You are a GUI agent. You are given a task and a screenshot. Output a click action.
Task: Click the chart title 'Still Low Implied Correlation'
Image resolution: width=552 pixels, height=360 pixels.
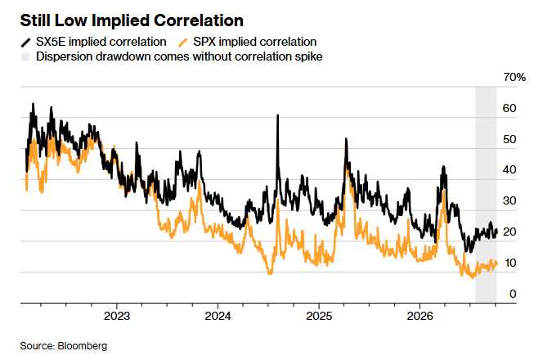pyautogui.click(x=132, y=20)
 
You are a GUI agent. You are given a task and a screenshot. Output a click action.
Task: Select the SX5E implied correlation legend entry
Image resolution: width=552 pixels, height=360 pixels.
pyautogui.click(x=94, y=42)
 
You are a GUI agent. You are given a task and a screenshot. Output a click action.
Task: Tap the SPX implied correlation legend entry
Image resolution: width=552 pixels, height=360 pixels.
pyautogui.click(x=247, y=42)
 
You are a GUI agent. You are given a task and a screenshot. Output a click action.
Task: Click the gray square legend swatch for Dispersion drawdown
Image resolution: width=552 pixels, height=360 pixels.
pyautogui.click(x=25, y=57)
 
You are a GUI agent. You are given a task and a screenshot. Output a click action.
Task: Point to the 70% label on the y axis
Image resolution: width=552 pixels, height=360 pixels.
pyautogui.click(x=514, y=77)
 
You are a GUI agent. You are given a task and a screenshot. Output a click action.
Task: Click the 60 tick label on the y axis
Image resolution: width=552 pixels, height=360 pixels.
pyautogui.click(x=509, y=108)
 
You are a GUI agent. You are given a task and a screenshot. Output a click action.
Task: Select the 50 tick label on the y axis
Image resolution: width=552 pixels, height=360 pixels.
pyautogui.click(x=509, y=139)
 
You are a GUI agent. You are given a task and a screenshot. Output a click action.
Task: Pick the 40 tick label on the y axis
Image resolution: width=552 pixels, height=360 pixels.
pyautogui.click(x=509, y=170)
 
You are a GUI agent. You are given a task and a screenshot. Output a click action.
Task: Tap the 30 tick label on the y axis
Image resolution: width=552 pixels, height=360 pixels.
pyautogui.click(x=509, y=200)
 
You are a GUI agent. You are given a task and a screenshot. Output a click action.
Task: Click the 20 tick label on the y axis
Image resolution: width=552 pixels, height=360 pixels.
pyautogui.click(x=509, y=232)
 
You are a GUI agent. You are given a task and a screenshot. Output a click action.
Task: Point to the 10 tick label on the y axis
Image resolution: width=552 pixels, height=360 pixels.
pyautogui.click(x=509, y=263)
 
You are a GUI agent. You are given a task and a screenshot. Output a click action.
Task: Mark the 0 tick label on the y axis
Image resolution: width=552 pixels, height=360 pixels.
pyautogui.click(x=513, y=294)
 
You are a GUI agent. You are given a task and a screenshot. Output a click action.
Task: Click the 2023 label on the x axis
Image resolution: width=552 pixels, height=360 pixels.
pyautogui.click(x=117, y=316)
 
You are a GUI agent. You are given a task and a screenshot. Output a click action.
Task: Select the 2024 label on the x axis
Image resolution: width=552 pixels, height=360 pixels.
pyautogui.click(x=218, y=316)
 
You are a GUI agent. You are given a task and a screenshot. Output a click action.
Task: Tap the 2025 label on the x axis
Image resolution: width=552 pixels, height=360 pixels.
pyautogui.click(x=319, y=316)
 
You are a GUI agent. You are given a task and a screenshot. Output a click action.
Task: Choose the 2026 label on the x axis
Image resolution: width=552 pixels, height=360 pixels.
pyautogui.click(x=420, y=316)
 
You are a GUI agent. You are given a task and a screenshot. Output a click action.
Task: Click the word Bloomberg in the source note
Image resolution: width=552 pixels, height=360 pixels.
pyautogui.click(x=83, y=346)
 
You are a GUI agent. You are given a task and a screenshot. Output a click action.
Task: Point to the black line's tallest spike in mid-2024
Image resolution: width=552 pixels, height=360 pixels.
pyautogui.click(x=278, y=115)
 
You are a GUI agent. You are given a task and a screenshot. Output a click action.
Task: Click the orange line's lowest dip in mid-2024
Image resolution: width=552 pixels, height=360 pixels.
pyautogui.click(x=270, y=272)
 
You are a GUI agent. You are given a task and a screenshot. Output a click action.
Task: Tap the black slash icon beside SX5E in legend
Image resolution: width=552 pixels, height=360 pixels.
pyautogui.click(x=25, y=43)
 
